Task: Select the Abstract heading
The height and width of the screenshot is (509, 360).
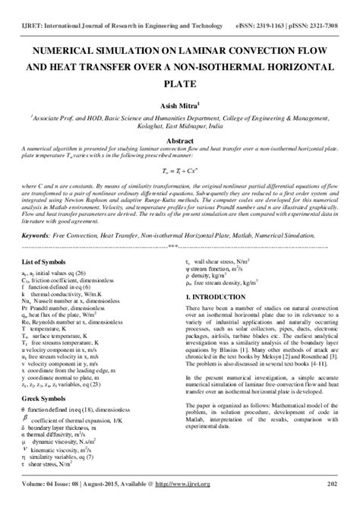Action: pos(179,141)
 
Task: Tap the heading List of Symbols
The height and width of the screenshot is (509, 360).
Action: pos(46,261)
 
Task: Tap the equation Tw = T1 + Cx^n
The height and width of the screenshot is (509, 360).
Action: pos(179,172)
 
